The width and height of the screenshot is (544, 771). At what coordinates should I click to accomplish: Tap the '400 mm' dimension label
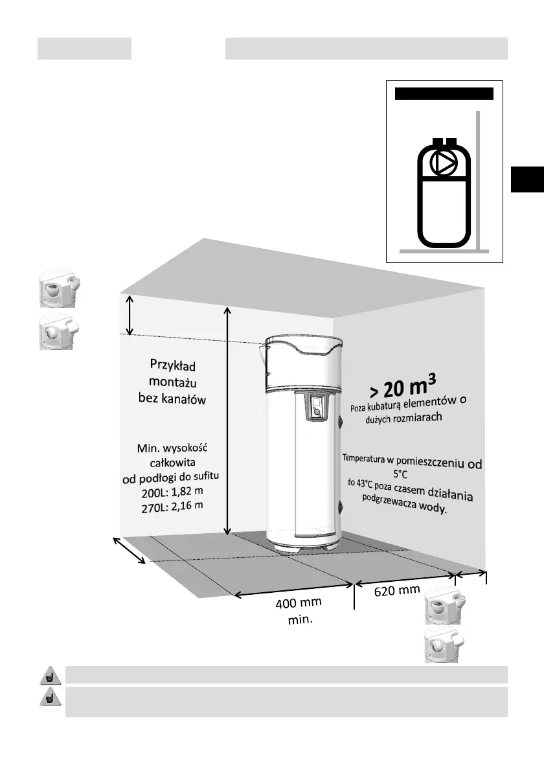(299, 604)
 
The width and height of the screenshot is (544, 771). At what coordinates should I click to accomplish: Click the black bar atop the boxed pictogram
(444, 94)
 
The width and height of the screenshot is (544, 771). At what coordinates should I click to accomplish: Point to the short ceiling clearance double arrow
(130, 315)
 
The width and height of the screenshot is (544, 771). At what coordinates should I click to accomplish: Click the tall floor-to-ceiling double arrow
(227, 421)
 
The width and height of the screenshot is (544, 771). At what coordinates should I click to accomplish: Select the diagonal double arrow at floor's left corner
(130, 550)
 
